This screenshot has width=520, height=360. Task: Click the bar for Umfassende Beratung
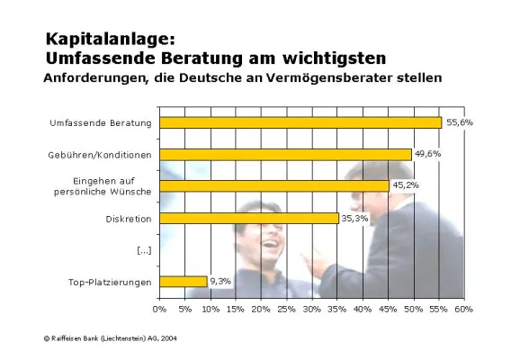pyautogui.click(x=300, y=122)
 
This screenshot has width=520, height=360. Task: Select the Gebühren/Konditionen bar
pyautogui.click(x=285, y=154)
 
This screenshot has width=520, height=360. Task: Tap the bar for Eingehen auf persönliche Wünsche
pyautogui.click(x=274, y=185)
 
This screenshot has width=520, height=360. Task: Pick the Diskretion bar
pyautogui.click(x=249, y=218)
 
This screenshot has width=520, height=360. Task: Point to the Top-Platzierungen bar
pyautogui.click(x=184, y=282)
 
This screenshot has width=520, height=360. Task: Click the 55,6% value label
pyautogui.click(x=458, y=121)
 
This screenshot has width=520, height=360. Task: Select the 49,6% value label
pyautogui.click(x=426, y=153)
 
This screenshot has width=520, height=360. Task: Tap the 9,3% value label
pyautogui.click(x=220, y=281)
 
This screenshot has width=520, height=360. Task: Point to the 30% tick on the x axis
pyautogui.click(x=311, y=310)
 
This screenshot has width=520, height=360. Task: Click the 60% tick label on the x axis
pyautogui.click(x=463, y=310)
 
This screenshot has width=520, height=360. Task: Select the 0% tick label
pyautogui.click(x=160, y=310)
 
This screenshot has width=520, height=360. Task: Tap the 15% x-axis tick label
pyautogui.click(x=236, y=310)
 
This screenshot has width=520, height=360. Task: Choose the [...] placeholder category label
pyautogui.click(x=143, y=250)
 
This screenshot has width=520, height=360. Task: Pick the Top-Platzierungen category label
pyautogui.click(x=110, y=283)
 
